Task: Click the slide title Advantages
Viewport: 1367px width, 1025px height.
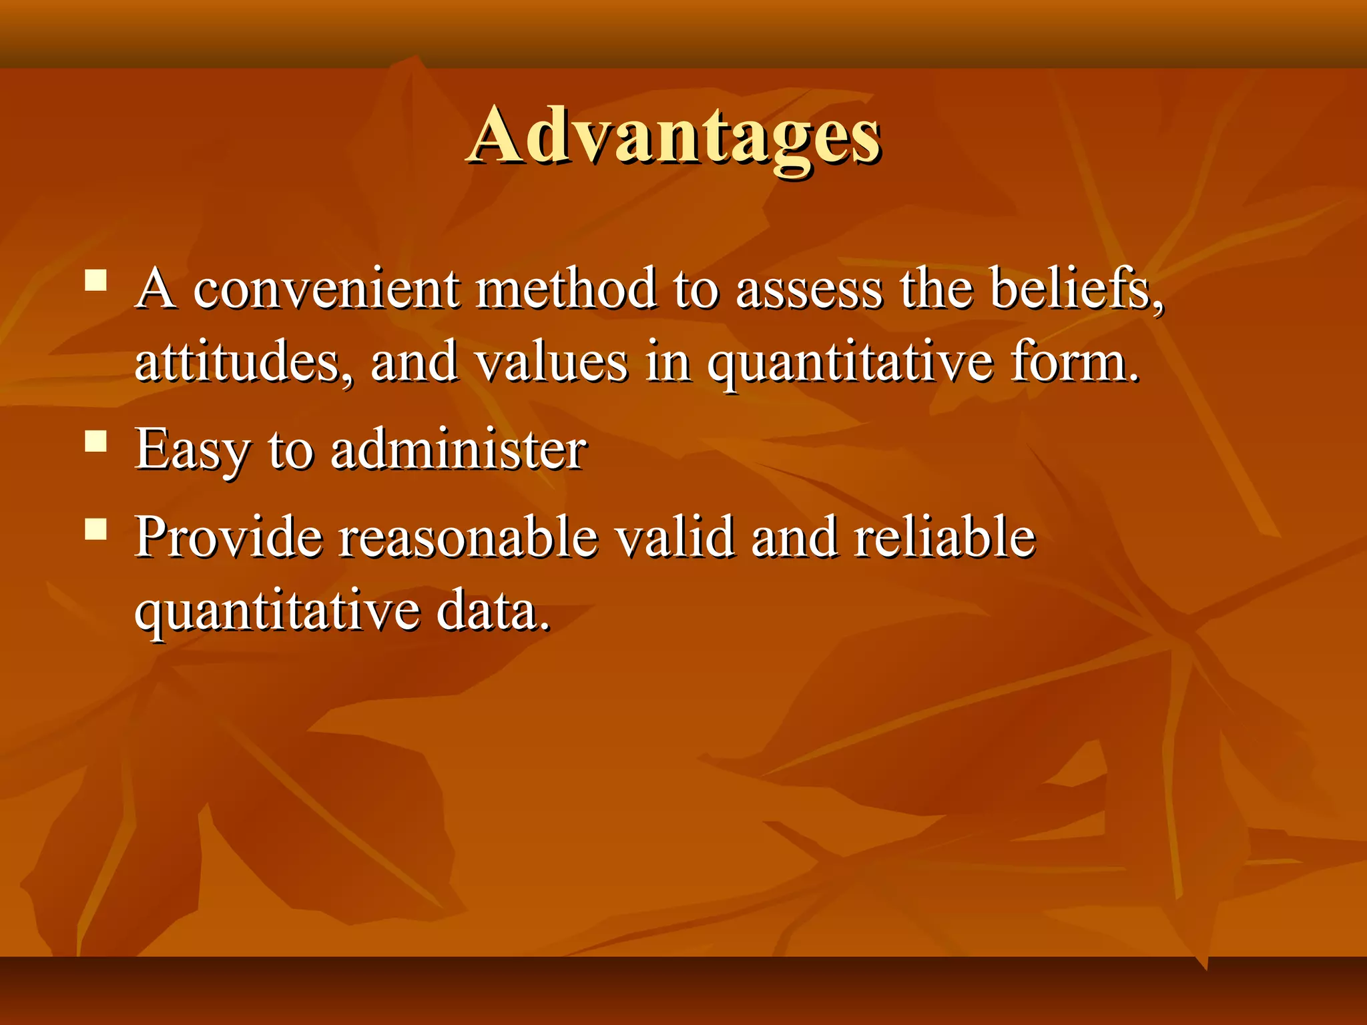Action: pyautogui.click(x=674, y=137)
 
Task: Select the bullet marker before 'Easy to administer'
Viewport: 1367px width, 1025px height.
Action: pyautogui.click(x=96, y=441)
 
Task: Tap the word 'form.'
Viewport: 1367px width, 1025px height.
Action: pyautogui.click(x=1074, y=362)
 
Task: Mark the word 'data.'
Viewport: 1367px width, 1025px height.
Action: pyautogui.click(x=493, y=611)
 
